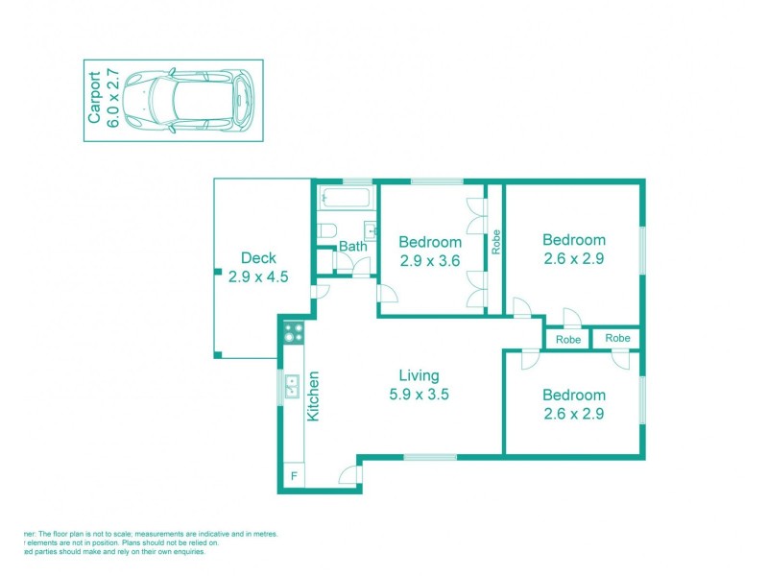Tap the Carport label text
[94, 100]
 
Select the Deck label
[258, 257]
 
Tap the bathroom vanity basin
[371, 231]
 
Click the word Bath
[352, 247]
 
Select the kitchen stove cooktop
[294, 333]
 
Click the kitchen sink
[293, 386]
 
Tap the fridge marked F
[293, 476]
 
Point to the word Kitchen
[313, 396]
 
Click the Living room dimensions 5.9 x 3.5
[420, 393]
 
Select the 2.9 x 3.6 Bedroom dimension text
[430, 259]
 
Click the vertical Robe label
[496, 240]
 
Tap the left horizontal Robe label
[568, 339]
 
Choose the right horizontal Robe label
[617, 338]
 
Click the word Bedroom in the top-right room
[573, 240]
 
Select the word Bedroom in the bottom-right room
[573, 395]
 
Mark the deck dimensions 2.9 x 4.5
[258, 276]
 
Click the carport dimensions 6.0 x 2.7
[113, 100]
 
